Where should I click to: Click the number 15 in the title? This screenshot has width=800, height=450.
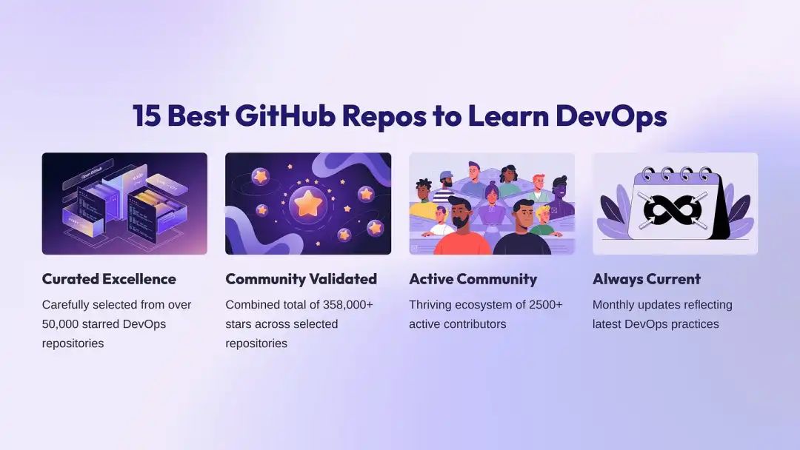click(147, 116)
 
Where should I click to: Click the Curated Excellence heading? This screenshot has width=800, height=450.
click(109, 279)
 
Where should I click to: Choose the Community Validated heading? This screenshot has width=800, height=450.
click(301, 279)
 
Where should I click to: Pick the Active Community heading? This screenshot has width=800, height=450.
click(473, 279)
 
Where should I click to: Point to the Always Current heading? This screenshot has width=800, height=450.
click(647, 279)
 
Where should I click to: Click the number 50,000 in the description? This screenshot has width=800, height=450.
click(62, 324)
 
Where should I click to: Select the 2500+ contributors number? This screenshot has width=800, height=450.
click(549, 305)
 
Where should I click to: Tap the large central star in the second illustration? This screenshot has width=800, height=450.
click(307, 203)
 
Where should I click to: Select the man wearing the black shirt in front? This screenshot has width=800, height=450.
click(523, 231)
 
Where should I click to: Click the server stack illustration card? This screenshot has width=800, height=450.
click(124, 204)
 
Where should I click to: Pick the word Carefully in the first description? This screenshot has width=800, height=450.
click(68, 305)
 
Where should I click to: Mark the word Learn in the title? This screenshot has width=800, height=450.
click(506, 116)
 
